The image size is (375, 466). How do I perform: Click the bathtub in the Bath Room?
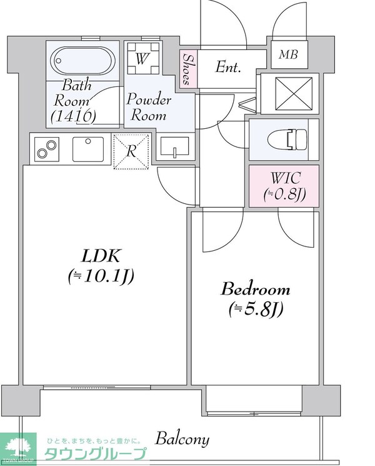83,61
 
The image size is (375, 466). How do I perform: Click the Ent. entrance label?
229,67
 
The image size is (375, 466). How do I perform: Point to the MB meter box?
288,54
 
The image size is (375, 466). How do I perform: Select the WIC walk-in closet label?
284,178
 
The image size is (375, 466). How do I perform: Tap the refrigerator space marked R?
132,151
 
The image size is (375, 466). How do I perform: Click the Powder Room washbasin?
173,149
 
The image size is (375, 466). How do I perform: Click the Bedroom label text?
256,290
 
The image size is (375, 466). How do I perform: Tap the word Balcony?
182,438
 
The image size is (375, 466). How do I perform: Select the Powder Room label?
149,108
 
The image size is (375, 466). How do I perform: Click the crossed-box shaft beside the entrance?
289,94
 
